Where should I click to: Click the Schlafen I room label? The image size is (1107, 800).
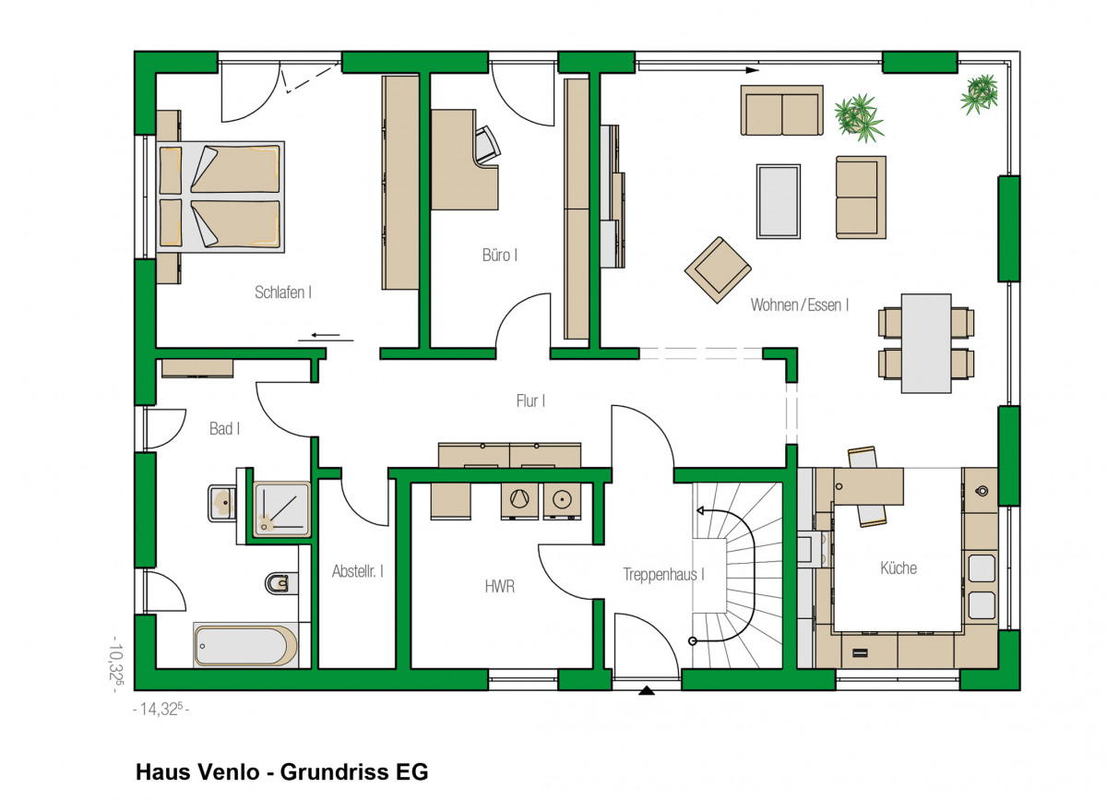tap(283, 293)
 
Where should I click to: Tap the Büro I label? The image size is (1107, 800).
tap(500, 255)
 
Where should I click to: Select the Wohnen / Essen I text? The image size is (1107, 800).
tap(800, 305)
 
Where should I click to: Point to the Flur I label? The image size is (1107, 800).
tap(530, 400)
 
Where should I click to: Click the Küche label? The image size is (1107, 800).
tap(899, 567)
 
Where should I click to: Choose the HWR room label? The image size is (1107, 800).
tap(500, 587)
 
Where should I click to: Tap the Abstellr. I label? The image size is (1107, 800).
tap(357, 571)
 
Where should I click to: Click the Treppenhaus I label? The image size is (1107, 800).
tap(663, 575)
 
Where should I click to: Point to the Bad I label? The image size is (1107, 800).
tap(224, 428)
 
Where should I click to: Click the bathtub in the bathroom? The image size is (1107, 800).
tap(245, 645)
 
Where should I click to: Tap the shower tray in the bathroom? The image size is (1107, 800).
tap(281, 509)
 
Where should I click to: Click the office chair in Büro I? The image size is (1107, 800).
tap(486, 144)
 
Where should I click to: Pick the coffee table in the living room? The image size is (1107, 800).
tap(779, 201)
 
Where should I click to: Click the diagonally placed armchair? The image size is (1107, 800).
tap(718, 270)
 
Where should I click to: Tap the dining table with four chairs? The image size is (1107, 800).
tap(926, 343)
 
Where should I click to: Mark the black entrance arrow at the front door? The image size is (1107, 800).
tap(647, 691)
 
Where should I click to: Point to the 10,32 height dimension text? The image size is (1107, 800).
tap(118, 663)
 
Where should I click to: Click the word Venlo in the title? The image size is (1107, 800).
tap(229, 771)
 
